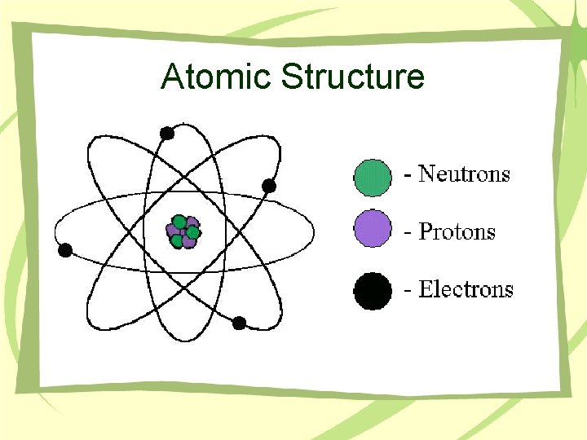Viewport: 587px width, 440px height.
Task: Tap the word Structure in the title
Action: point(354,77)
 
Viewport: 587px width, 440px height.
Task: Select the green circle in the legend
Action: point(372,177)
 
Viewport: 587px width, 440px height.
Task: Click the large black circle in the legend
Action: point(372,291)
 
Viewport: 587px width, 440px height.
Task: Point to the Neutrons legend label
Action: point(464,174)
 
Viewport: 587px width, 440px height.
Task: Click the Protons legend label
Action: point(457,232)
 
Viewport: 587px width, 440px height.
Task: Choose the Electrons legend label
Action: point(466,290)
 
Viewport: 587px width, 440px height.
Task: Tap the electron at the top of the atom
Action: point(167,133)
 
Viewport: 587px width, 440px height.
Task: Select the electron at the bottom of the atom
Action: point(239,323)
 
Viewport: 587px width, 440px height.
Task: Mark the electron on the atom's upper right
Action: point(269,186)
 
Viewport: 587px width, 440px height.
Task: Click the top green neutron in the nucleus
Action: point(179,221)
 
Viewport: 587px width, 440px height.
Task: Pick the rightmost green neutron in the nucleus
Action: point(193,232)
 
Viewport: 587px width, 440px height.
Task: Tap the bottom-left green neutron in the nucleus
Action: point(176,240)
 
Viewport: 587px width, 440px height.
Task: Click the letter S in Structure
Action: point(292,77)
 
